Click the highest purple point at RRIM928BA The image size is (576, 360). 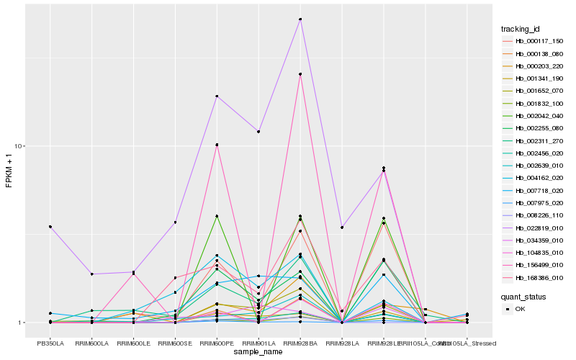300,19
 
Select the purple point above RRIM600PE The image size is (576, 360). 217,96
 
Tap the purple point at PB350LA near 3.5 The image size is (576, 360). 50,227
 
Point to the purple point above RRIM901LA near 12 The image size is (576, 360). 258,132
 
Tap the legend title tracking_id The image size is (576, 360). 521,29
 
